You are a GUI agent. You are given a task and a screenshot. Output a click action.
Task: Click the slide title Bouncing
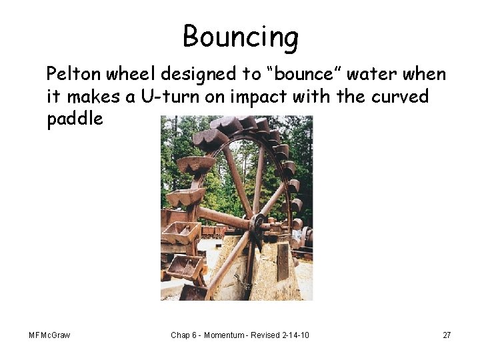click(x=241, y=37)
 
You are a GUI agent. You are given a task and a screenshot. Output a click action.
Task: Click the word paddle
click(x=75, y=119)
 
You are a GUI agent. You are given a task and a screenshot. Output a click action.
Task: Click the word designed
click(x=203, y=74)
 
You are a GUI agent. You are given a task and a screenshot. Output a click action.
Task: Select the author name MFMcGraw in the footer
click(x=49, y=335)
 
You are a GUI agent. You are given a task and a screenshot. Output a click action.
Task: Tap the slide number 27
click(x=447, y=335)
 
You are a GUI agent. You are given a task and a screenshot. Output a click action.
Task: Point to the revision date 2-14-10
click(x=295, y=335)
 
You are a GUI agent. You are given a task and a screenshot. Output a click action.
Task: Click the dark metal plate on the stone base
click(x=283, y=262)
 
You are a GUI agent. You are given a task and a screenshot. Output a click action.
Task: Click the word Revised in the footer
click(x=265, y=335)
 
